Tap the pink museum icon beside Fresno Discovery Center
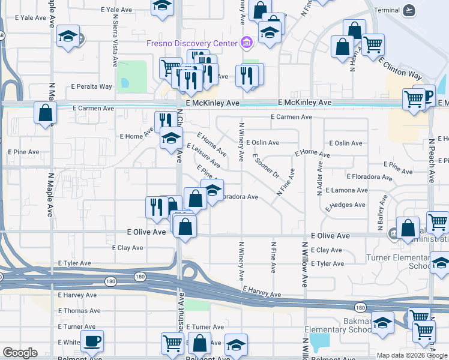pyautogui.click(x=246, y=43)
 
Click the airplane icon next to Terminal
pyautogui.click(x=409, y=10)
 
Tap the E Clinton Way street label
pyautogui.click(x=400, y=68)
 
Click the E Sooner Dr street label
pyautogui.click(x=267, y=166)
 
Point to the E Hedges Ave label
pyautogui.click(x=345, y=205)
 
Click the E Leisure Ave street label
pyautogui.click(x=203, y=155)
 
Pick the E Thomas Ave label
pyautogui.click(x=79, y=311)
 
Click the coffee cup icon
pyautogui.click(x=92, y=342)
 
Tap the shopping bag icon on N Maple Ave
pyautogui.click(x=46, y=112)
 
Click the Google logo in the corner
pyautogui.click(x=20, y=353)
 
